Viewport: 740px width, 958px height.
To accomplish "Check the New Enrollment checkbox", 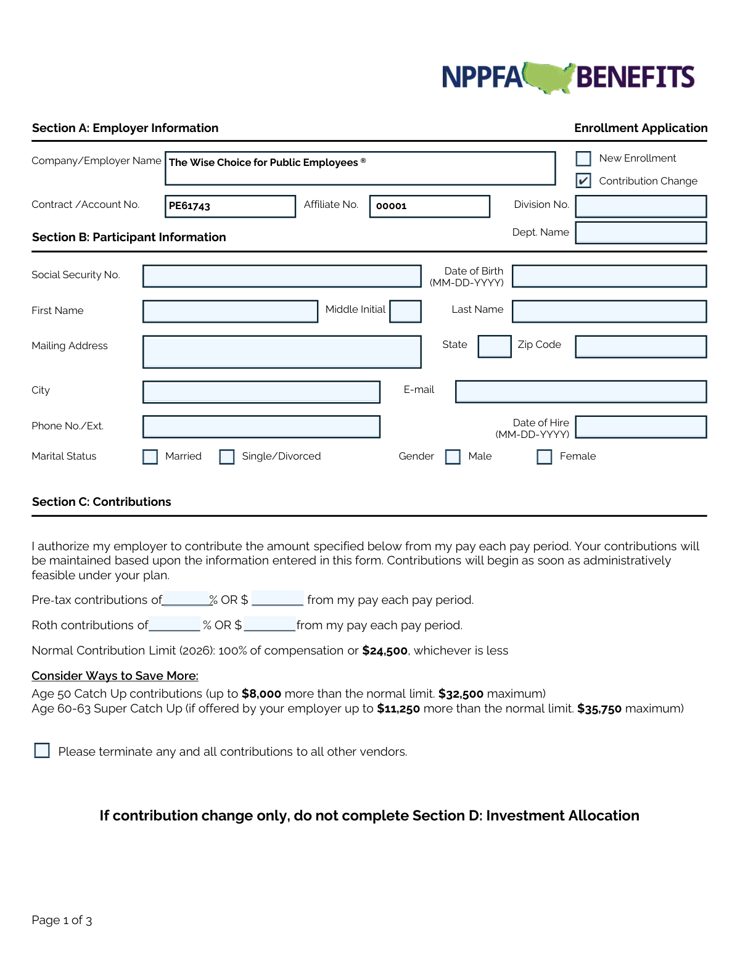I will (x=583, y=159).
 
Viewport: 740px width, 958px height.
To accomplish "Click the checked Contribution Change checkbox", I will (x=583, y=181).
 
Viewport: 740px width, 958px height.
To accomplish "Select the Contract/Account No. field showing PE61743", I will (x=230, y=206).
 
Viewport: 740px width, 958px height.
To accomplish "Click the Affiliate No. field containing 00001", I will (x=429, y=206).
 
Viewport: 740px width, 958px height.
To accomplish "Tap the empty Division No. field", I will (x=641, y=206).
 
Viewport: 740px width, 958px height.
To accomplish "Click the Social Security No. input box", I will (x=282, y=276).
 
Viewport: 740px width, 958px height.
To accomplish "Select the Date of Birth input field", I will (x=609, y=276).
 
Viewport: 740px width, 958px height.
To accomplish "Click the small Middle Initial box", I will (x=406, y=311).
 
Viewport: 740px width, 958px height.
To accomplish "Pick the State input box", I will (x=495, y=346).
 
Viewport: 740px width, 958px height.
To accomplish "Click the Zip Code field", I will (x=641, y=346).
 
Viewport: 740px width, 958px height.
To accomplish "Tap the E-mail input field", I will (x=581, y=391).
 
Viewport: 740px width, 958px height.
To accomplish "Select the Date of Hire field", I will (x=641, y=426).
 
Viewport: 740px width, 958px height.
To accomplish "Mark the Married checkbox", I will (x=150, y=456).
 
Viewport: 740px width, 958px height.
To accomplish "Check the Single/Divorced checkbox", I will (x=227, y=456).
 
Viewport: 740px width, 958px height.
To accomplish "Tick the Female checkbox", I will (x=545, y=456).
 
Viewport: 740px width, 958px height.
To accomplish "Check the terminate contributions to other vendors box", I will (x=42, y=750).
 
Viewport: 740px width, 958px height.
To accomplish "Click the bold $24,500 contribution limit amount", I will (x=385, y=651).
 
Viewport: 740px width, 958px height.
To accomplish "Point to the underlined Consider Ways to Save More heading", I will (x=115, y=676).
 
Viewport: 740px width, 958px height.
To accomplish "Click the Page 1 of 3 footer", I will (x=62, y=920).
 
